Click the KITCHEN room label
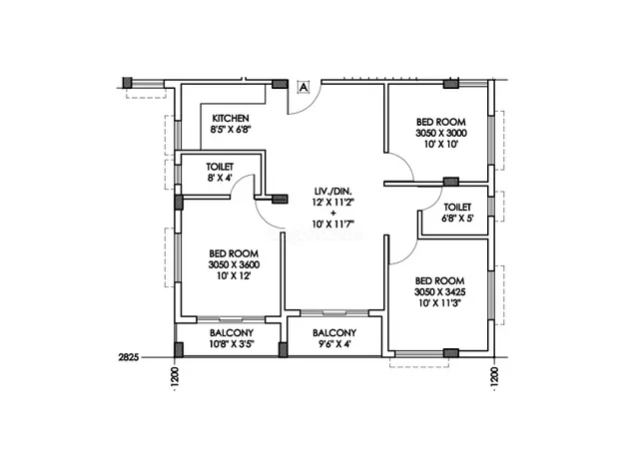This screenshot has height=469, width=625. click(x=231, y=119)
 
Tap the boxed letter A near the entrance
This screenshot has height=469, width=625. click(x=304, y=87)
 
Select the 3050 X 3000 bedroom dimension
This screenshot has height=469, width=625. click(x=441, y=133)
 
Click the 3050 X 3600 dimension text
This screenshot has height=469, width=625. click(x=234, y=264)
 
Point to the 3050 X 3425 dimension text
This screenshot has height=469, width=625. click(x=439, y=291)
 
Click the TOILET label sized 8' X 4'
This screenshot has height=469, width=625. click(x=220, y=167)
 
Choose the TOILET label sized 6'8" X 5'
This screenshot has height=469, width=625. click(x=457, y=208)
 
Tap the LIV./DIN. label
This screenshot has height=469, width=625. click(x=332, y=191)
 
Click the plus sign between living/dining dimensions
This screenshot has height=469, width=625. click(x=333, y=214)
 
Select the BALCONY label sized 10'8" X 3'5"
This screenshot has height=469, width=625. click(x=232, y=332)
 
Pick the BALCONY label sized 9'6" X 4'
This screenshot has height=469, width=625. click(x=334, y=332)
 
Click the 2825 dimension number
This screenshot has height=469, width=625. click(x=129, y=357)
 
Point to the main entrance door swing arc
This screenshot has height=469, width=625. click(x=313, y=105)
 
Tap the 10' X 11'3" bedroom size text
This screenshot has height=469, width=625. click(x=439, y=302)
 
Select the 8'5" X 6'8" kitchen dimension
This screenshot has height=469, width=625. click(x=231, y=130)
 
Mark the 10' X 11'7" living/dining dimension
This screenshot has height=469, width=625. click(x=332, y=225)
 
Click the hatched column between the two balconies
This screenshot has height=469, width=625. click(x=283, y=350)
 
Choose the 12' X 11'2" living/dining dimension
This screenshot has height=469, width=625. click(x=332, y=202)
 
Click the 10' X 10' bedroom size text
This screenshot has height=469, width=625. click(x=440, y=145)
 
